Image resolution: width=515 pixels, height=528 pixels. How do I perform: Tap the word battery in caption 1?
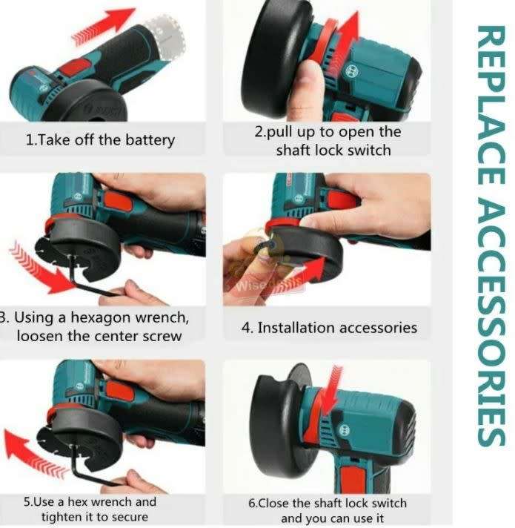(x=147, y=140)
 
